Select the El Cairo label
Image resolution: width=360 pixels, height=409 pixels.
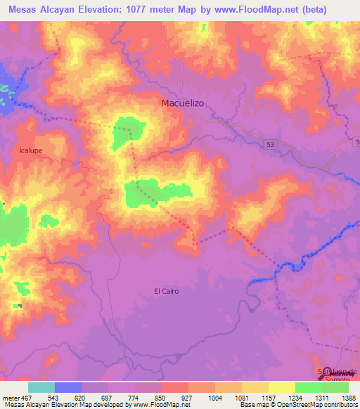click(x=167, y=290)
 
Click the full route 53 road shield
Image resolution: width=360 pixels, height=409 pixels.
click(x=270, y=143)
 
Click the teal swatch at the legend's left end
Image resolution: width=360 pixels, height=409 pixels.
click(x=41, y=387)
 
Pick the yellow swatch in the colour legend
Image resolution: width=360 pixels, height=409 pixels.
click(x=281, y=387)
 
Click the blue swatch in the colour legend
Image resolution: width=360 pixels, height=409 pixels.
click(x=68, y=387)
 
